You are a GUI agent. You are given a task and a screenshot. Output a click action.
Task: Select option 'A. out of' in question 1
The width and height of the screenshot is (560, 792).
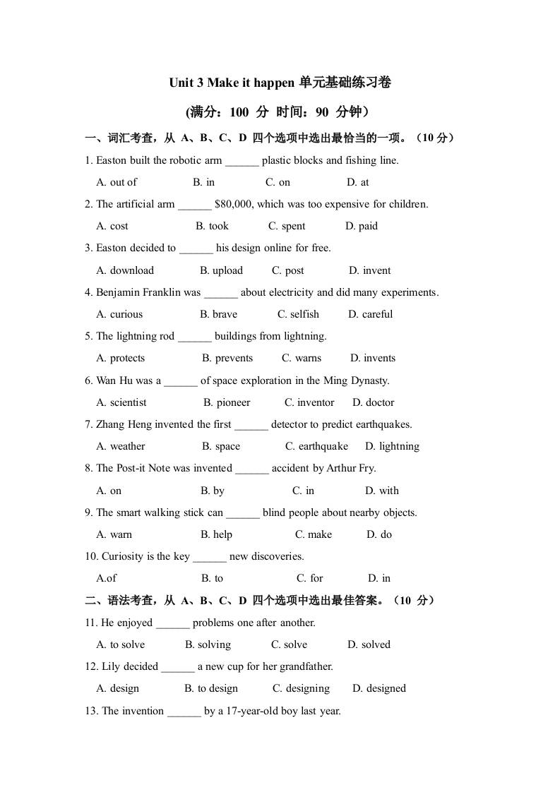click(117, 182)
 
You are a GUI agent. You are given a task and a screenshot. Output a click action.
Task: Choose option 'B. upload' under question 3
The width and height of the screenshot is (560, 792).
click(221, 270)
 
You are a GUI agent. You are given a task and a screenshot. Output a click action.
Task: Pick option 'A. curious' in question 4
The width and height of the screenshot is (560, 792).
click(119, 314)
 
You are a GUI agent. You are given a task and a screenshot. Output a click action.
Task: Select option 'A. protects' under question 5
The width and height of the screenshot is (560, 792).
click(120, 358)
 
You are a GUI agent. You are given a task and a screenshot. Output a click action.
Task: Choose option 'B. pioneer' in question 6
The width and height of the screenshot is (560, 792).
click(227, 402)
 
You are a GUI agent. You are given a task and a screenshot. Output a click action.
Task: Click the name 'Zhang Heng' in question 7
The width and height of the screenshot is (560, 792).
click(124, 424)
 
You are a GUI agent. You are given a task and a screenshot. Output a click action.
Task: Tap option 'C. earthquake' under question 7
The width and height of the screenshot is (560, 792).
click(316, 446)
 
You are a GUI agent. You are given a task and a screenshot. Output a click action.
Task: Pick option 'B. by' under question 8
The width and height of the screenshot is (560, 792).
click(213, 491)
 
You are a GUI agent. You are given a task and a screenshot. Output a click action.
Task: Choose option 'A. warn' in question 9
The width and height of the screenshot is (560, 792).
click(114, 534)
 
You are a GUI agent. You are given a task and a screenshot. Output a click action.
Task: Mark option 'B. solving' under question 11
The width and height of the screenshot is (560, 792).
click(208, 644)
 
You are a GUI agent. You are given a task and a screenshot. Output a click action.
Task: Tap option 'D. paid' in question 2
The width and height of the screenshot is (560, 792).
click(362, 227)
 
